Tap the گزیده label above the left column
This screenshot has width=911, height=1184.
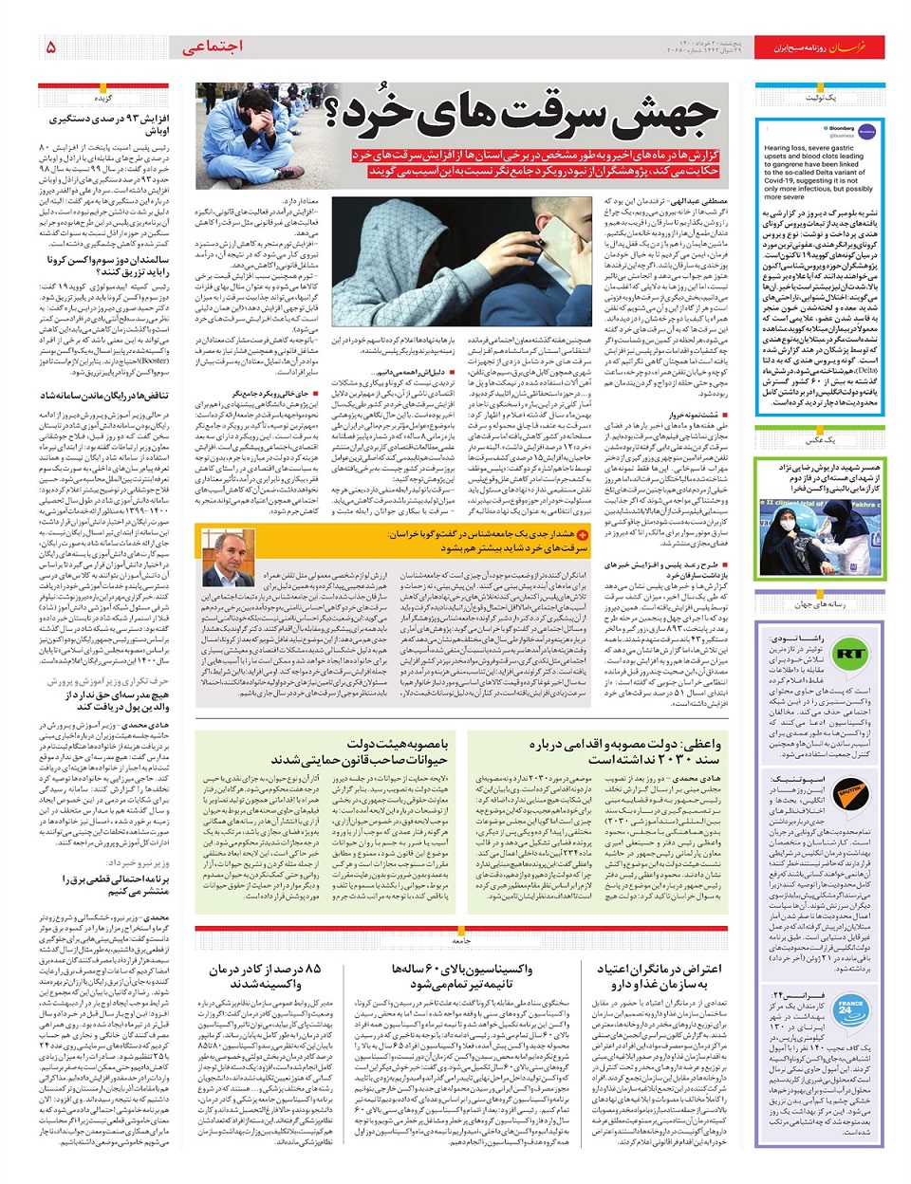[102, 99]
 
